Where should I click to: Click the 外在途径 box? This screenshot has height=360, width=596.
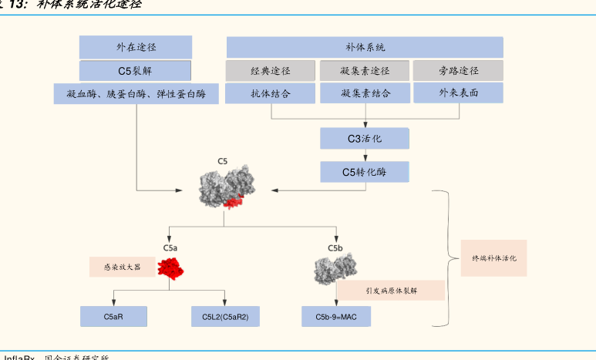coord(136,46)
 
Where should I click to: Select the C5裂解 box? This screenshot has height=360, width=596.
coord(136,71)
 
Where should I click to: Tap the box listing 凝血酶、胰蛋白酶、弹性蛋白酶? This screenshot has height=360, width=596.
coord(136,94)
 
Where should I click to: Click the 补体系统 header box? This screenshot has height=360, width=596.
coord(365,46)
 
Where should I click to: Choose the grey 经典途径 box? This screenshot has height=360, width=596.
coord(271,71)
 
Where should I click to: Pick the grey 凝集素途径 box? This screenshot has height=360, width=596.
coord(365,71)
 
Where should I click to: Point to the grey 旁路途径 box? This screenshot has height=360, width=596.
coord(458,71)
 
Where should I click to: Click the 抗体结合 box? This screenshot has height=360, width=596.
coord(271,93)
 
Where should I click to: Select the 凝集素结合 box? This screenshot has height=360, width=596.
coord(365,93)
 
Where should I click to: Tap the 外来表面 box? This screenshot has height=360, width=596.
coord(458,93)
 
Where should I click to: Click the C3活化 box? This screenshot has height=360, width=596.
coord(365,139)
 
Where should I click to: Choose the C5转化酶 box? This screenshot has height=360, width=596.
coord(365,172)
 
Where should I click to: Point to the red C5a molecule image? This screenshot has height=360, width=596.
coord(172,269)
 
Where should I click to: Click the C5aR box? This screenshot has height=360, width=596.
coord(113,316)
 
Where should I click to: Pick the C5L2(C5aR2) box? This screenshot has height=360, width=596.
coord(225,316)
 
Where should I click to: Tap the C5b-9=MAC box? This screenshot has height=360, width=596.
coord(335,316)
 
